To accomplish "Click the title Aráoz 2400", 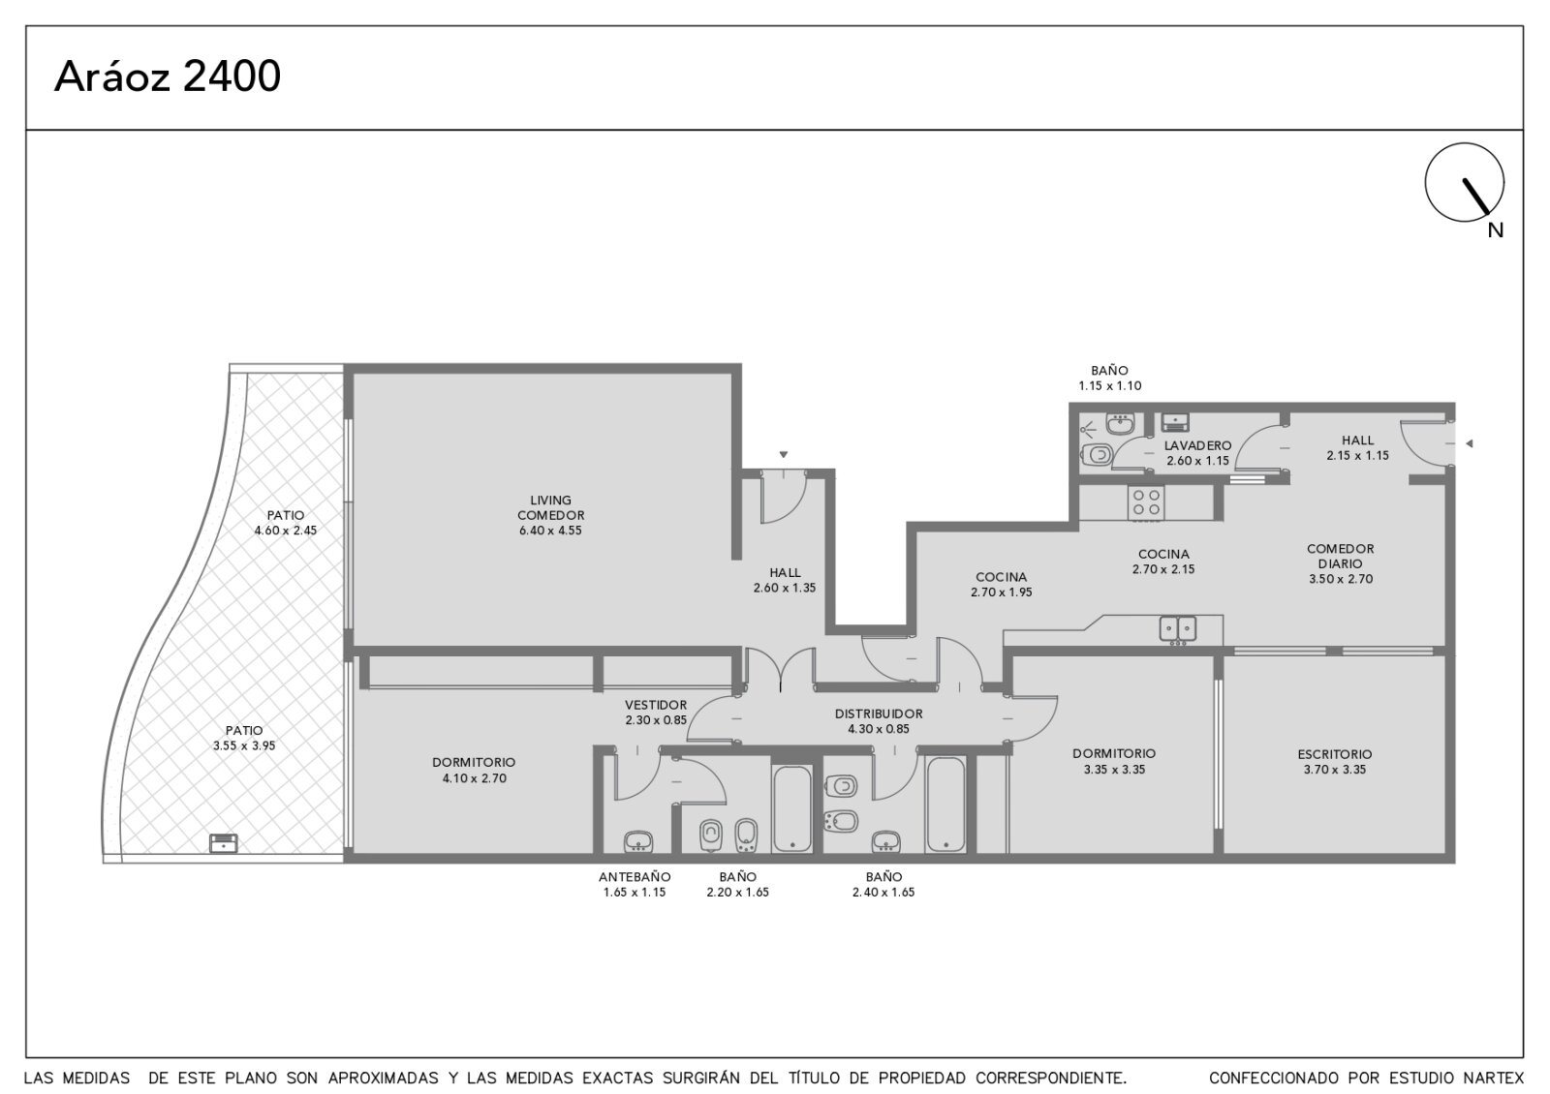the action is click(168, 76).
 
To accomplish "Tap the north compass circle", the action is click(1464, 144).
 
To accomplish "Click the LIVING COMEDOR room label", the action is click(551, 507).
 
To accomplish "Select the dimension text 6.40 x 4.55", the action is click(551, 531).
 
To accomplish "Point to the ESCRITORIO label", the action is click(1335, 754).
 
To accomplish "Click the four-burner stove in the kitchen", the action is click(1145, 502).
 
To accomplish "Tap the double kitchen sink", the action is click(1178, 628).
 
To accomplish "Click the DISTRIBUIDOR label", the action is click(879, 714).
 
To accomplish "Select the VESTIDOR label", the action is click(656, 705).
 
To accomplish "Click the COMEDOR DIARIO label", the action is click(1341, 556).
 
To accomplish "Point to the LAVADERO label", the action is click(1197, 446).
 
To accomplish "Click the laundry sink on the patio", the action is click(224, 843).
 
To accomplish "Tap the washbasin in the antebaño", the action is click(638, 842).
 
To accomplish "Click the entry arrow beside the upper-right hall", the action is click(1469, 443).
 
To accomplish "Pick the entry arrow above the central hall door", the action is click(784, 454).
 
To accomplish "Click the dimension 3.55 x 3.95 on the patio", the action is click(244, 745).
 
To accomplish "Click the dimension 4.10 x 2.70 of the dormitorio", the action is click(475, 778).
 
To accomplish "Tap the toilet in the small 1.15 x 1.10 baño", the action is click(1097, 455).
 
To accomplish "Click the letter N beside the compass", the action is click(1496, 230).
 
